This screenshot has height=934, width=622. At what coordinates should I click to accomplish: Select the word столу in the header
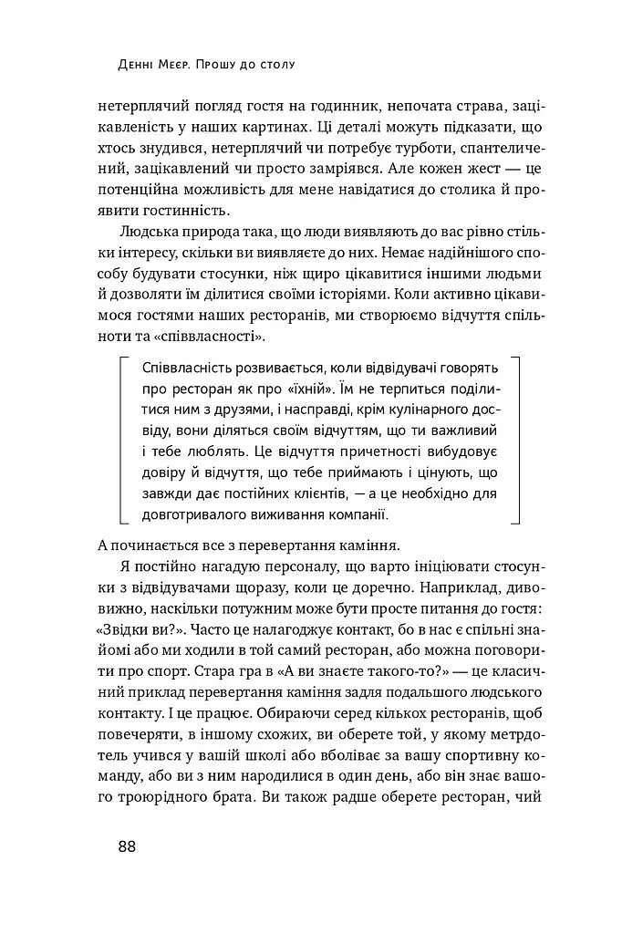pyautogui.click(x=280, y=66)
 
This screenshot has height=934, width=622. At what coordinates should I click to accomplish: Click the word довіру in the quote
pyautogui.click(x=165, y=472)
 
